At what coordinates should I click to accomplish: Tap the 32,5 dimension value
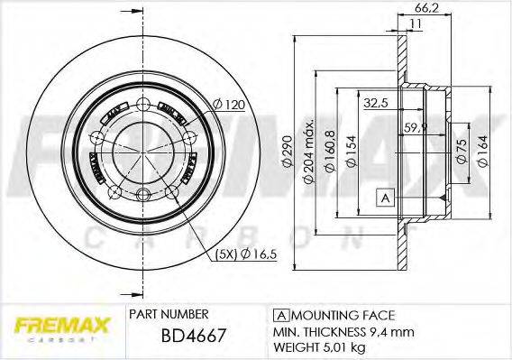click(x=376, y=103)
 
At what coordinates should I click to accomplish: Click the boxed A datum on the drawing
click(x=386, y=198)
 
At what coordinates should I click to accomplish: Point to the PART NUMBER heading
click(x=169, y=314)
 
